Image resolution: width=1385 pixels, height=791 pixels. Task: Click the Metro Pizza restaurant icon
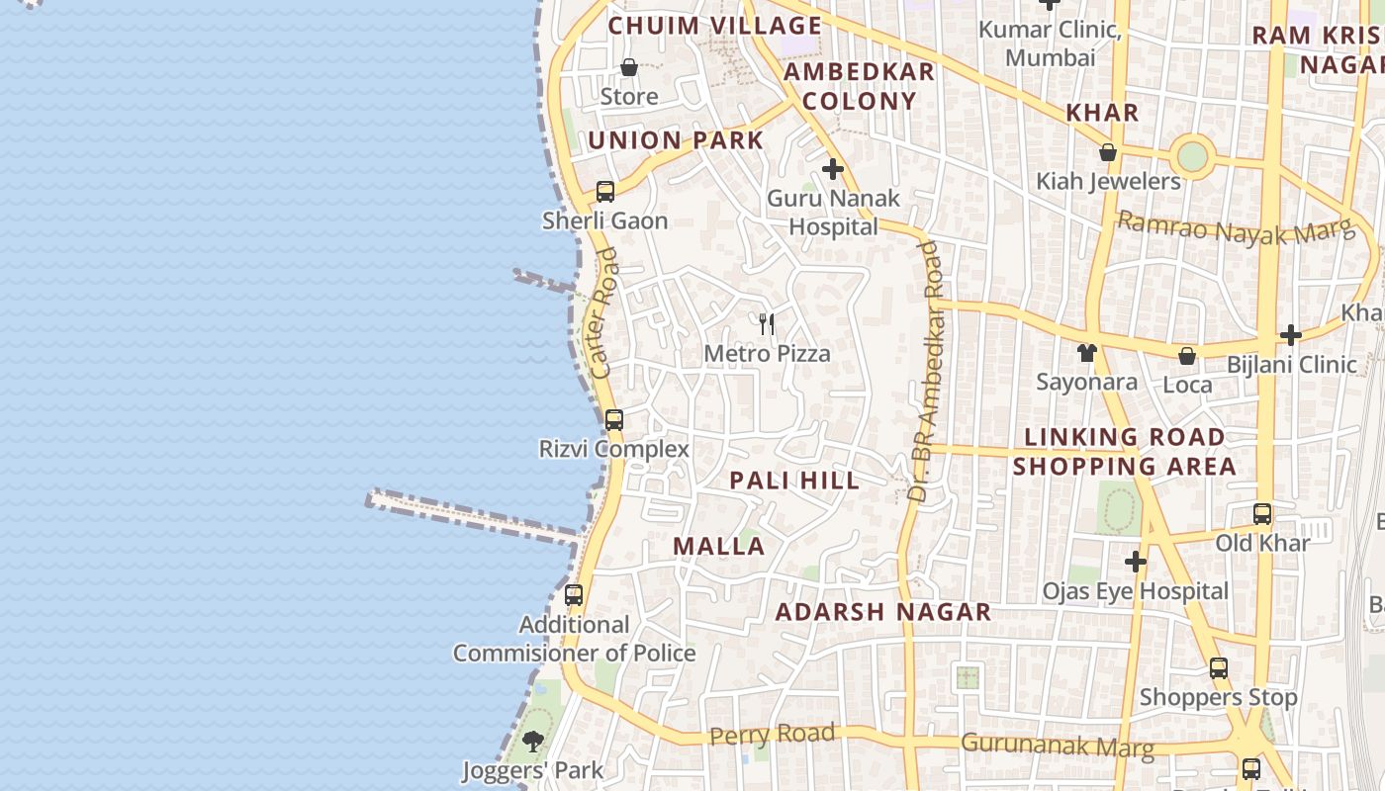[767, 323]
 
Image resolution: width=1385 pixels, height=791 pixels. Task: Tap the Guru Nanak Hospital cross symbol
[833, 169]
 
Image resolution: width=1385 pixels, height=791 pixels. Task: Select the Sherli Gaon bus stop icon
[605, 192]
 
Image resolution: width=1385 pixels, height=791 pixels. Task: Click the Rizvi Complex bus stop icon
[614, 420]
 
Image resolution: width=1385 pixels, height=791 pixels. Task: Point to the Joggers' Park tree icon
[533, 741]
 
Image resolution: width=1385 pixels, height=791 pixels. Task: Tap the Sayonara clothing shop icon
[1087, 352]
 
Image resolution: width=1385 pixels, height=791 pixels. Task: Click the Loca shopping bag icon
[1187, 356]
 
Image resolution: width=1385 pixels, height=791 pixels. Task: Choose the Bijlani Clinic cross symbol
[1290, 335]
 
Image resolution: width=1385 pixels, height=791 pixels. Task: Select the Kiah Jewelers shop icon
[1108, 153]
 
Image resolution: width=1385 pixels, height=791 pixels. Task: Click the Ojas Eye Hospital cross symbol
[1136, 563]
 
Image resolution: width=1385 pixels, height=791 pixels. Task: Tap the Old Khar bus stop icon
[1262, 514]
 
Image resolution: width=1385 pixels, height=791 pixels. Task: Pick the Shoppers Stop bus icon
[1219, 668]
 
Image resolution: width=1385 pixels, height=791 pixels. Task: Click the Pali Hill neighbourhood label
[794, 481]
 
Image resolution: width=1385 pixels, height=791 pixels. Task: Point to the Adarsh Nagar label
[882, 612]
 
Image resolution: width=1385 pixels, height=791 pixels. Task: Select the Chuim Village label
[714, 26]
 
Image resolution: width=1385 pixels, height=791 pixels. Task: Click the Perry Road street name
[773, 735]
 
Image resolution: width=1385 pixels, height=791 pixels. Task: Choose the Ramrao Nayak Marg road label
[1235, 228]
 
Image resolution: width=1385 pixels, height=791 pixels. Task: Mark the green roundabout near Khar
[1193, 156]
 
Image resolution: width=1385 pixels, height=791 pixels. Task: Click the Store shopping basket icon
[629, 67]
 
